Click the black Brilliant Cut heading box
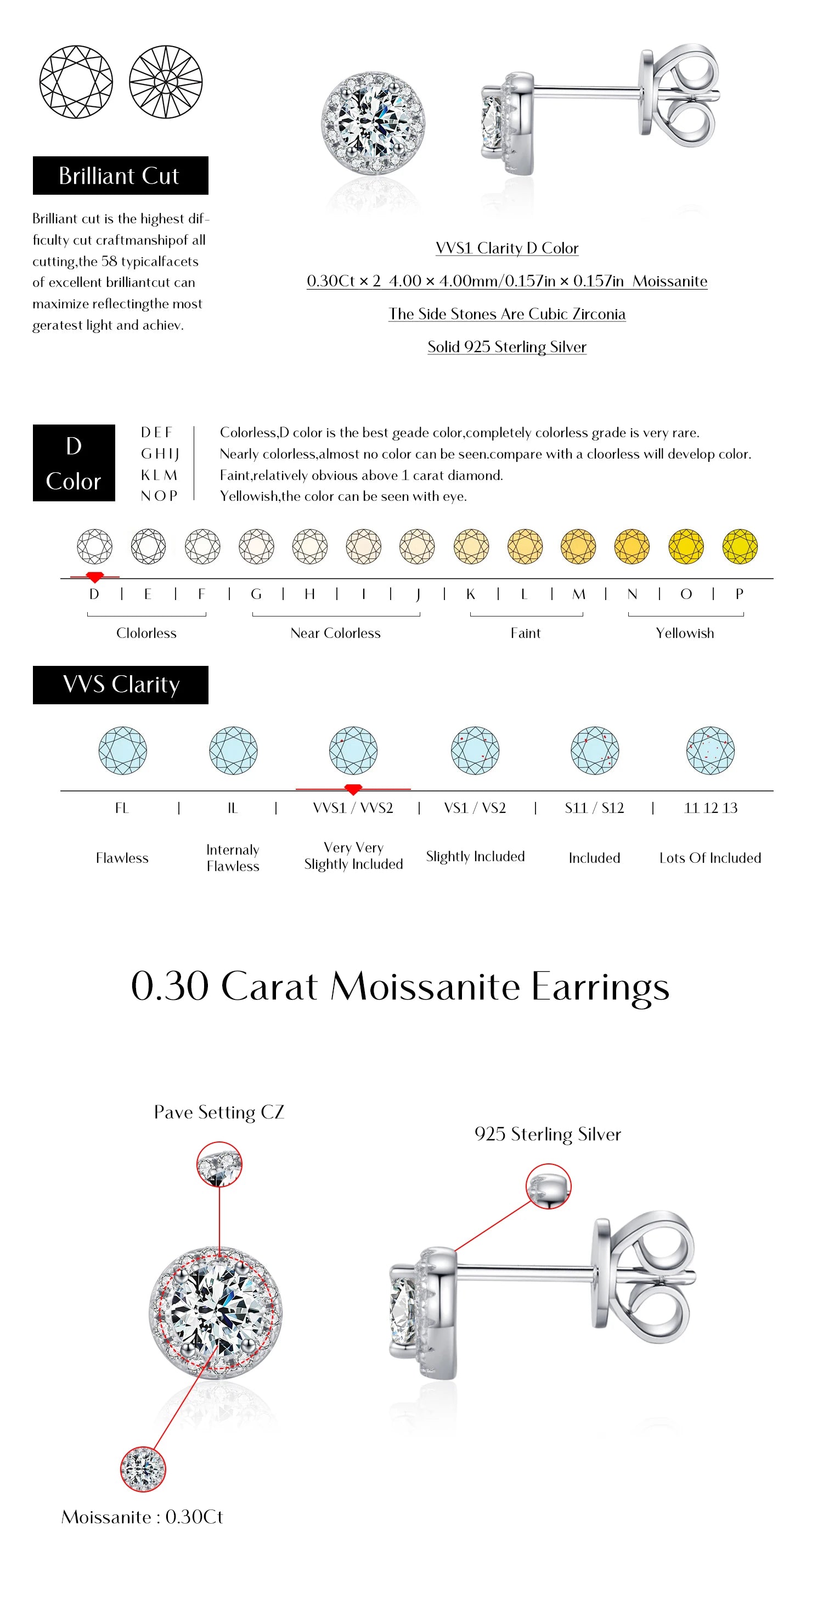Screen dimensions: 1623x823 (120, 175)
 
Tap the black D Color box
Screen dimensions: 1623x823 (74, 463)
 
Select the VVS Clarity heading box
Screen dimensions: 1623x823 (120, 685)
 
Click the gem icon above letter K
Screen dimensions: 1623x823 (471, 546)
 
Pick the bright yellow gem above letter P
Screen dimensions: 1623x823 (740, 546)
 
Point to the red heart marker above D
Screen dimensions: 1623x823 (94, 576)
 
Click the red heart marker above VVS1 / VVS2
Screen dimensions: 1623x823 (353, 789)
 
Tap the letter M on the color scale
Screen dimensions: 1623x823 (578, 594)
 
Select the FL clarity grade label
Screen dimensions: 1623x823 (122, 808)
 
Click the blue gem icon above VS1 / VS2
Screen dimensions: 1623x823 (475, 750)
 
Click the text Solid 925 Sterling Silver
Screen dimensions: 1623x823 (506, 347)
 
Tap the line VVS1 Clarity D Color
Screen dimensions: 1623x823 (506, 248)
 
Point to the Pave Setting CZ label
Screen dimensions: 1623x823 (219, 1112)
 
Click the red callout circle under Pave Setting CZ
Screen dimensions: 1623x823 (219, 1164)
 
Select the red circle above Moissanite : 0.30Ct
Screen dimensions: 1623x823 (143, 1469)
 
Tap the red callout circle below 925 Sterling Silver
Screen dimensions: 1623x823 (548, 1186)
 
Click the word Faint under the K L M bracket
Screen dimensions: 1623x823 (526, 633)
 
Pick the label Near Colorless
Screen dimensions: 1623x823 (335, 633)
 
